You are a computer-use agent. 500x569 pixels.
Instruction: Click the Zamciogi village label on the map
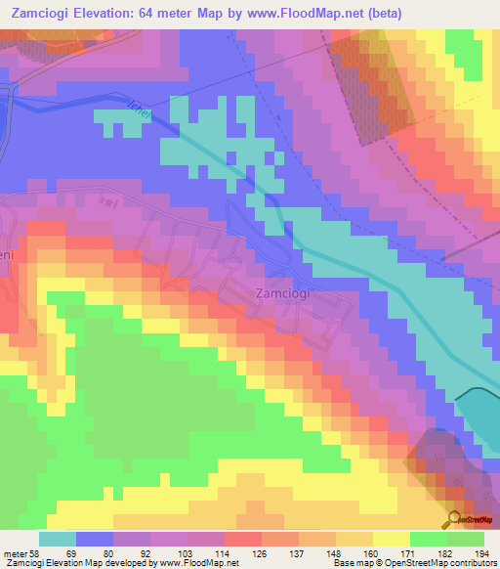283,292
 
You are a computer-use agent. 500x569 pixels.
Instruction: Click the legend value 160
372,553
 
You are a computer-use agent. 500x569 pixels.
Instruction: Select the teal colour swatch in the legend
58,540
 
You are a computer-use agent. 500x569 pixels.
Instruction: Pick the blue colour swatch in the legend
95,540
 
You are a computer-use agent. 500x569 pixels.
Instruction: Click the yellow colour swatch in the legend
391,540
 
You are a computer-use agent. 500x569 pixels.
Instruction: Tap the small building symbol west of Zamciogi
107,202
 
